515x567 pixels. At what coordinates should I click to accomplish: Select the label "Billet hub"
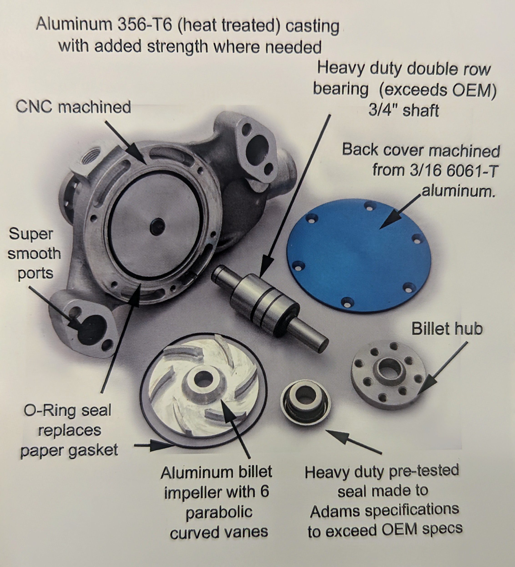point(447,328)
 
